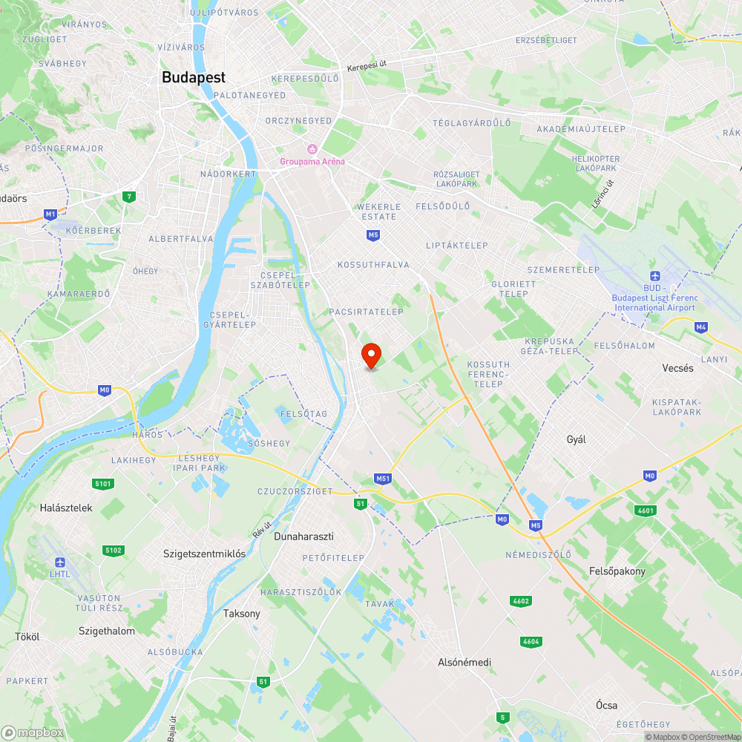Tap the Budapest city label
click(194, 77)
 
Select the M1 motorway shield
click(50, 214)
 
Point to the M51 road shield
click(383, 479)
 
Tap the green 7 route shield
click(130, 197)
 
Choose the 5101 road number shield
click(103, 484)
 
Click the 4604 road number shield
click(531, 641)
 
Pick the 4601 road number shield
click(646, 510)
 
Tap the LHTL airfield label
click(60, 574)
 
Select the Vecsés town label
click(677, 368)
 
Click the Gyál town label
click(576, 439)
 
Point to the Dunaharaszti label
click(303, 536)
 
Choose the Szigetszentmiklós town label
click(204, 554)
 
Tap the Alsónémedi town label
click(464, 662)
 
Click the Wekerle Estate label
click(378, 211)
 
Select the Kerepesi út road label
click(367, 67)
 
